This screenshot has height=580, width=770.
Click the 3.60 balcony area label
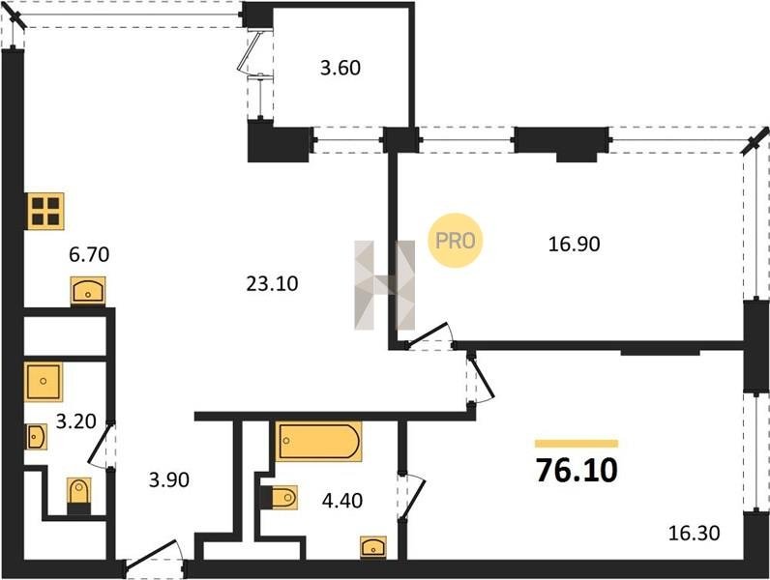point(341,68)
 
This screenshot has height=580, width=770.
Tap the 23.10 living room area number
point(272,283)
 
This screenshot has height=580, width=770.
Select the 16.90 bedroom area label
point(574,244)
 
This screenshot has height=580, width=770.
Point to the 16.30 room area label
point(694,533)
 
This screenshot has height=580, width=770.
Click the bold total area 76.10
point(577,470)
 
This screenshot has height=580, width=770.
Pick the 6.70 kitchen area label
point(89,254)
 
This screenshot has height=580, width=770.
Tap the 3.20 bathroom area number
point(75,421)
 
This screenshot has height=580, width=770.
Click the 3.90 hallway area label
point(169,479)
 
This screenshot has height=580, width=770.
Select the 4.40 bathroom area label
point(342,501)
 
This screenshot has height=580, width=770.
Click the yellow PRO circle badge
point(456,241)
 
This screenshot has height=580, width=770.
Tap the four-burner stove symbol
point(45,211)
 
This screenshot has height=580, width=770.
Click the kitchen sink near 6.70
point(88,291)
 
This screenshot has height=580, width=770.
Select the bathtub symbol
point(318,441)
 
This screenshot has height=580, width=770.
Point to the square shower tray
point(44,382)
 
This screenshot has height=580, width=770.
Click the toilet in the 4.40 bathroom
point(279,498)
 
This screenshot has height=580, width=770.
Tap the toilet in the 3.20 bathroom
point(79,496)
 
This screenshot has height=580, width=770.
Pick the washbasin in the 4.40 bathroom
point(373,547)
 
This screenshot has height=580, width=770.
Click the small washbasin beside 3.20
point(37,437)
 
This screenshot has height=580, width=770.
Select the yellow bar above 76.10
point(577,444)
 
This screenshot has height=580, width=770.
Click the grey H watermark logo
point(384,284)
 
